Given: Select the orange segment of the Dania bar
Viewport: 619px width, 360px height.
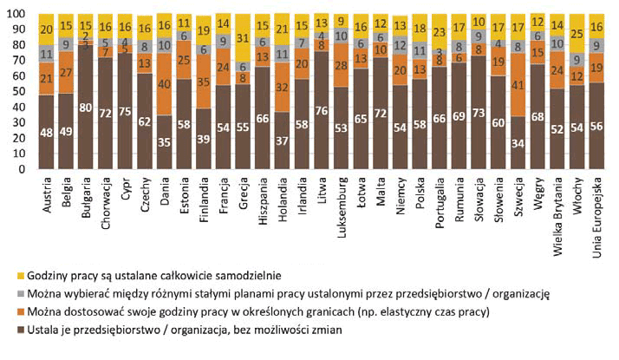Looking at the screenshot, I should click(x=163, y=86).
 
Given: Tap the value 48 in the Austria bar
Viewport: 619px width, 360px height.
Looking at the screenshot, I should click(x=47, y=133).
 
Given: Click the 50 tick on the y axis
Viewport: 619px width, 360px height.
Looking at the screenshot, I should click(x=26, y=92).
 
